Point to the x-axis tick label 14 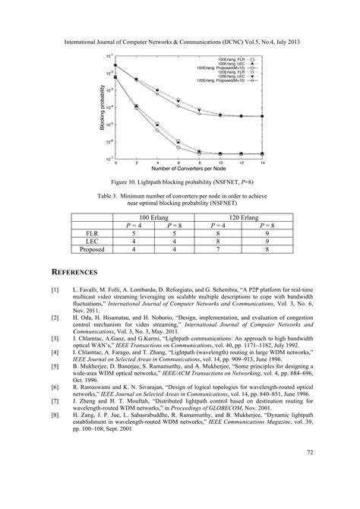[x=262, y=163]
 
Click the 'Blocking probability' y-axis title [x=102, y=106]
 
